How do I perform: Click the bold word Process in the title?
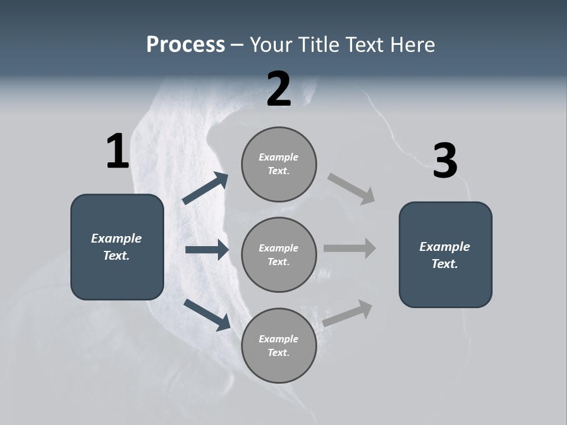coord(185,45)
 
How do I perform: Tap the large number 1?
coord(118,151)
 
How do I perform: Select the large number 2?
coord(279,89)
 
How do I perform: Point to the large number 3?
coord(445,161)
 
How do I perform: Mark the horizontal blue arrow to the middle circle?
coord(207,250)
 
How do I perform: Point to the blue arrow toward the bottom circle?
coord(207,314)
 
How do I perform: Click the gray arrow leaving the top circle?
coord(351,189)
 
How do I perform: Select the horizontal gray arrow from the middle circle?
coord(350,248)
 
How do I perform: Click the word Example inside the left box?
coord(116,238)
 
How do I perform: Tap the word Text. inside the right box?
coord(445,264)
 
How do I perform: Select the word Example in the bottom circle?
coord(278,339)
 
